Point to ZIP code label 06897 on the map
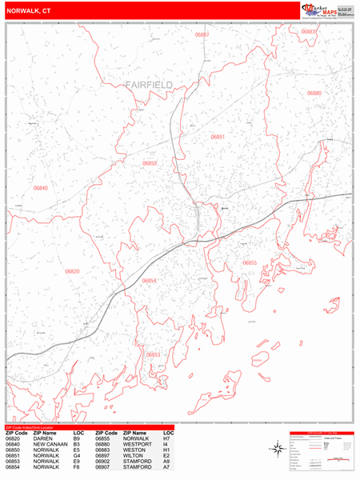202,35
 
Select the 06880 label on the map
314,94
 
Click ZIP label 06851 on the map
218,137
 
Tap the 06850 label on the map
150,163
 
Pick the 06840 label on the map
41,188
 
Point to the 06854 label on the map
150,281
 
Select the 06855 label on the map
250,262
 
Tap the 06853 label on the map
153,354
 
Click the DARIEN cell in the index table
43,438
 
